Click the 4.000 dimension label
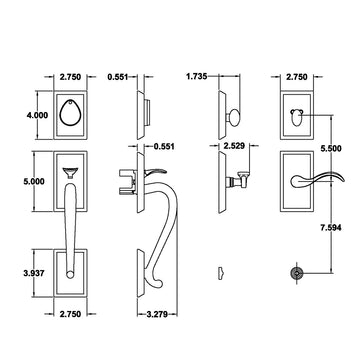(x=37, y=115)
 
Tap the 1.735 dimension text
(x=197, y=77)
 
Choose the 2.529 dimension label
(x=234, y=146)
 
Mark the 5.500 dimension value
(x=331, y=149)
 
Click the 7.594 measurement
(x=331, y=228)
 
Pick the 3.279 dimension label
(x=157, y=314)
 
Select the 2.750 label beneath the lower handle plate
(x=70, y=314)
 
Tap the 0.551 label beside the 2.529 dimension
(x=164, y=146)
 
